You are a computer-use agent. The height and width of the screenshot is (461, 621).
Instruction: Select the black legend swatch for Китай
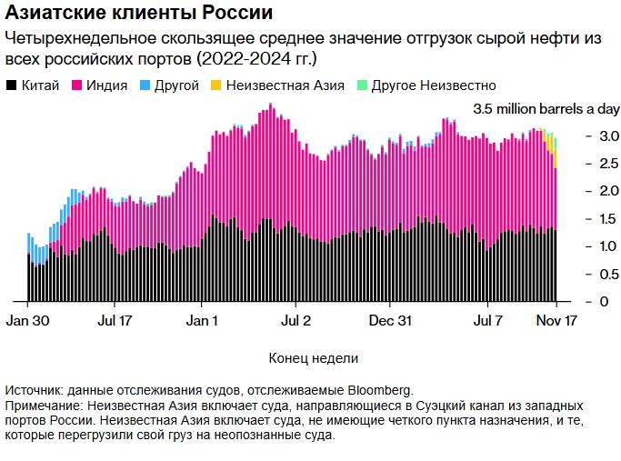pos(12,85)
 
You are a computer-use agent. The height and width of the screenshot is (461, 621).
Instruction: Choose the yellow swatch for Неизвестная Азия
pos(215,85)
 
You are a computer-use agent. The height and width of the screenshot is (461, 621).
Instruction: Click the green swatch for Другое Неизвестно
pos(361,85)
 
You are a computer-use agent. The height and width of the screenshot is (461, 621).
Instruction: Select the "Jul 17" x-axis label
pos(114,321)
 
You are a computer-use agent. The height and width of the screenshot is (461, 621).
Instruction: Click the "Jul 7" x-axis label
pos(488,321)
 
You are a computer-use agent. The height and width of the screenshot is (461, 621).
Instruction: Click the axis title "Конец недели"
pos(314,357)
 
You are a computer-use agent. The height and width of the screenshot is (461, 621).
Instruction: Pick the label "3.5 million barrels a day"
pos(546,109)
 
